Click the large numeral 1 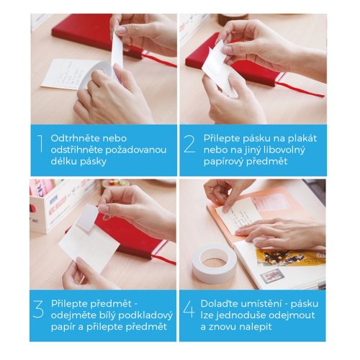click(40, 143)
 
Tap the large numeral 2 click(189, 144)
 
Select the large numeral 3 click(38, 310)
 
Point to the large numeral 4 click(189, 310)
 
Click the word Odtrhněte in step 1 click(75, 138)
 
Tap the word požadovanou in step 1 click(136, 150)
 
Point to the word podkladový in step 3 click(145, 315)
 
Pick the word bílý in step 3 click(106, 315)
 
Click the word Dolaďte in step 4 click(219, 304)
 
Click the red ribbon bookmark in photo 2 click(300, 88)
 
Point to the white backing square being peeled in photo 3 click(87, 218)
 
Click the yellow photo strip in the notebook click(290, 257)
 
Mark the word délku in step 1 click(63, 161)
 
